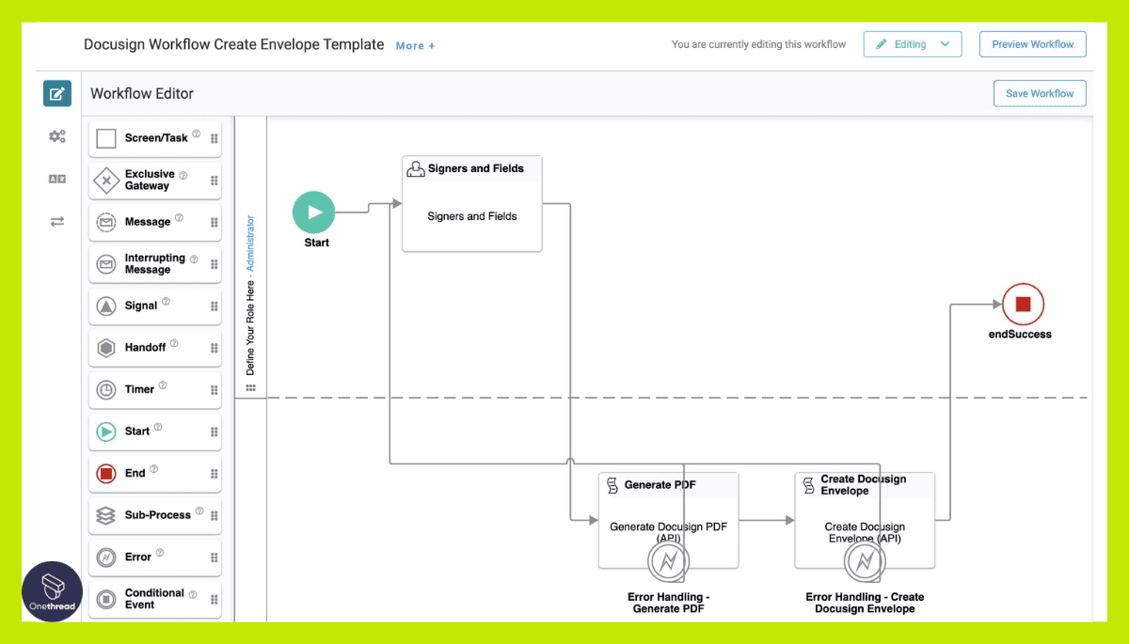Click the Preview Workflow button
(x=1032, y=44)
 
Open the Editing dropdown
(x=912, y=44)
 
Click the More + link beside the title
(x=415, y=45)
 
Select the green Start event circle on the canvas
(x=313, y=212)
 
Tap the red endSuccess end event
(x=1023, y=304)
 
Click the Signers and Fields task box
(x=471, y=204)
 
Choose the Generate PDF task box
(x=668, y=512)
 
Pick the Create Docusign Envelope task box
(x=864, y=512)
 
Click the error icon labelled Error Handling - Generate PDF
(x=668, y=562)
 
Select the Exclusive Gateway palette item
(x=154, y=180)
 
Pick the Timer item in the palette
(x=154, y=389)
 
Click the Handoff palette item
(x=154, y=347)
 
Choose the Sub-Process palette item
(x=154, y=515)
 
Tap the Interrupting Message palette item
(x=154, y=264)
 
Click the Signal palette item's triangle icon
(x=106, y=306)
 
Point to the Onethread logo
(x=52, y=590)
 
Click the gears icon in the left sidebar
(x=57, y=136)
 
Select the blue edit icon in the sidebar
(x=57, y=93)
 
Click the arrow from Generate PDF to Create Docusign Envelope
(x=767, y=520)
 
